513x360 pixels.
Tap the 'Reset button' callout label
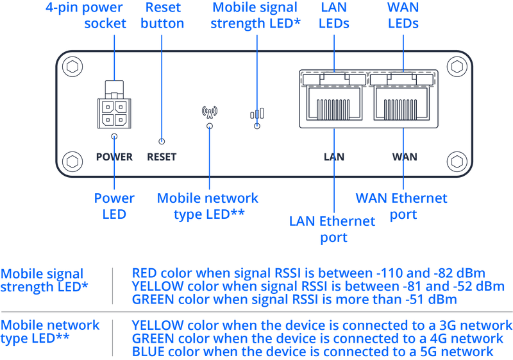pos(163,16)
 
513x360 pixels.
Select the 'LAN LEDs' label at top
pos(334,16)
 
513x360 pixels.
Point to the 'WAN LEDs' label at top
pos(402,16)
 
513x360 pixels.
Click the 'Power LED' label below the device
pos(114,205)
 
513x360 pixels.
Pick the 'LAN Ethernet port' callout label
pos(332,229)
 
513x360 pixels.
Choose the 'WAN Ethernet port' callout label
pos(401,205)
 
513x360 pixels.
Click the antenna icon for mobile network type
pos(209,110)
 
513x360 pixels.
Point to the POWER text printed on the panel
pos(114,157)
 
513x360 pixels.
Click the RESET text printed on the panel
pos(162,157)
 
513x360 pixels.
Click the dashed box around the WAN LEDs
pos(402,78)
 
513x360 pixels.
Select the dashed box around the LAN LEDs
pos(333,78)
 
